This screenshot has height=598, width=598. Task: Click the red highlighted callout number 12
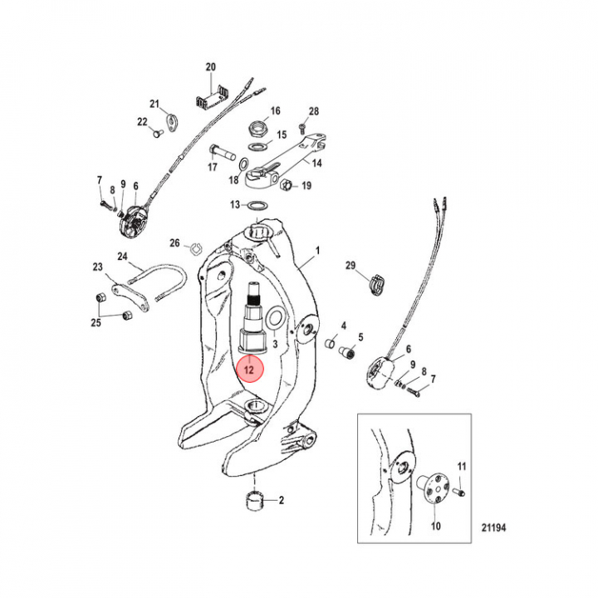click(249, 369)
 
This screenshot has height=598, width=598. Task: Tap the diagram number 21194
click(493, 527)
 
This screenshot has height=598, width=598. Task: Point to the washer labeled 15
click(257, 146)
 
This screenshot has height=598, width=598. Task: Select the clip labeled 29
click(377, 285)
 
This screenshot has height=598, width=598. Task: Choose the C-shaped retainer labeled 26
click(196, 248)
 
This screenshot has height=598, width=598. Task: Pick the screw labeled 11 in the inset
click(459, 493)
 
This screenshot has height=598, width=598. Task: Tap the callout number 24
click(122, 257)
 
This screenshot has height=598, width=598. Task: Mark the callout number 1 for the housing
click(317, 251)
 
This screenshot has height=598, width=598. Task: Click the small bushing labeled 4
click(331, 343)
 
